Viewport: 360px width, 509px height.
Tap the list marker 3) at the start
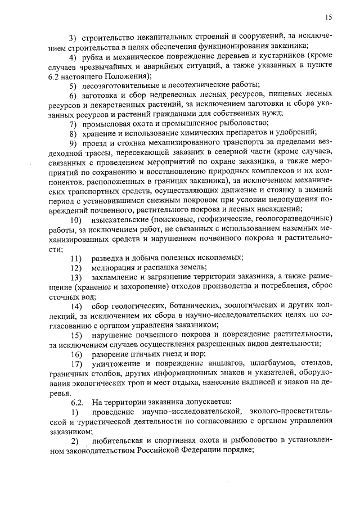pos(73,38)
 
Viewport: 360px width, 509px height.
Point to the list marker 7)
pos(73,123)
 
